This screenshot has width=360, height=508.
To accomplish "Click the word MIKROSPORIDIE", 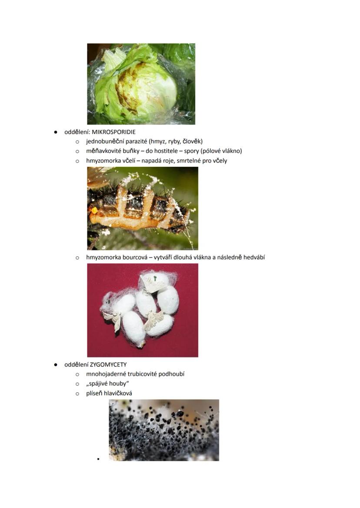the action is (x=114, y=132).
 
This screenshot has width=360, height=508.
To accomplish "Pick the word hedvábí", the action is (x=253, y=258).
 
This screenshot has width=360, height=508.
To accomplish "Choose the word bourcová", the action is (x=134, y=258).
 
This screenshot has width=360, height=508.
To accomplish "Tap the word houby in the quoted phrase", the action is (x=119, y=384).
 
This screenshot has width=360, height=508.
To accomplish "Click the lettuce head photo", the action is (x=141, y=84).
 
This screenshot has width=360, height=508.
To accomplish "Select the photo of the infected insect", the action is (x=143, y=208).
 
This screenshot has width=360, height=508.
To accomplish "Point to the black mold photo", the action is (x=164, y=430).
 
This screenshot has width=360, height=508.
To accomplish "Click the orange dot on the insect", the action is (x=94, y=210).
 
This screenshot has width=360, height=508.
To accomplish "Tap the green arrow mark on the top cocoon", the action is (x=155, y=278).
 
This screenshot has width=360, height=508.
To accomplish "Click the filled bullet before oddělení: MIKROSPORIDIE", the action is (x=56, y=132).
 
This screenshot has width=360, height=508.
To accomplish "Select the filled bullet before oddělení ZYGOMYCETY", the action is (x=56, y=365).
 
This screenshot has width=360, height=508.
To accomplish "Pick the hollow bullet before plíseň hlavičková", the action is (x=77, y=394).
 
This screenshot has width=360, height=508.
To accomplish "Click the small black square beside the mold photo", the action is (x=98, y=459).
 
